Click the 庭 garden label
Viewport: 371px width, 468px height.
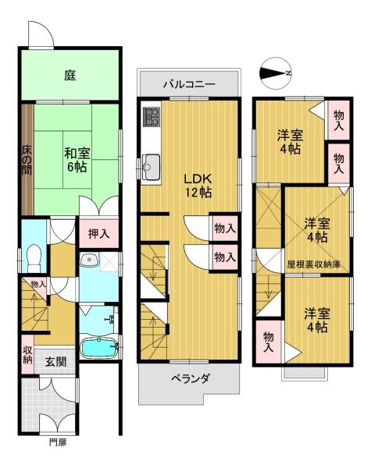click(x=70, y=75)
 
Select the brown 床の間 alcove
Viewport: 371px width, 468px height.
click(x=27, y=159)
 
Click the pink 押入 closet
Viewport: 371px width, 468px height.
click(x=99, y=234)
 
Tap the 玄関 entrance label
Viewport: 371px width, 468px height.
click(x=56, y=362)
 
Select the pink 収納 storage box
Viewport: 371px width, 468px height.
click(x=27, y=355)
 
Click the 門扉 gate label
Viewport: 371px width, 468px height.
click(x=58, y=442)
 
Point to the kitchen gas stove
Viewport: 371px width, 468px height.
click(x=152, y=116)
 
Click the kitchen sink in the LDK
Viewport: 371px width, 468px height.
click(x=152, y=167)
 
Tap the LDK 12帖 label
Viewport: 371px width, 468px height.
click(x=198, y=186)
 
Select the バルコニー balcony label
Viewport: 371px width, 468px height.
click(x=189, y=84)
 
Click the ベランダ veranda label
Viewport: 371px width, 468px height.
click(x=190, y=379)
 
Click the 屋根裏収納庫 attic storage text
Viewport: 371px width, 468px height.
click(x=314, y=264)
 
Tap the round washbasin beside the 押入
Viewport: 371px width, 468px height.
click(x=89, y=259)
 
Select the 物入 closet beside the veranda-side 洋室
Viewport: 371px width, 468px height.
click(x=268, y=342)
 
